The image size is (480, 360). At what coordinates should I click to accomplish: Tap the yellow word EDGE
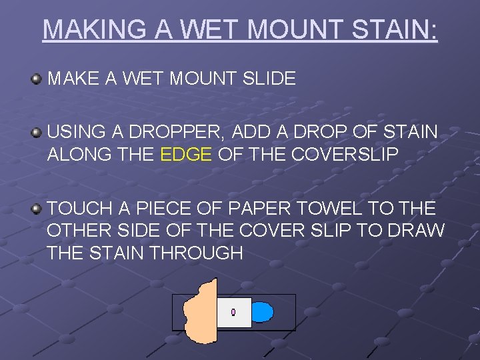point(187,155)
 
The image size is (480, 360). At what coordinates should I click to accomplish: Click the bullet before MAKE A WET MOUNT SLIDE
point(36,79)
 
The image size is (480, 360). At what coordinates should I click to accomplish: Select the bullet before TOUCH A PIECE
point(36,209)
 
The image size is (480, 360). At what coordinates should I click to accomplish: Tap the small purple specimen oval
point(233,312)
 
